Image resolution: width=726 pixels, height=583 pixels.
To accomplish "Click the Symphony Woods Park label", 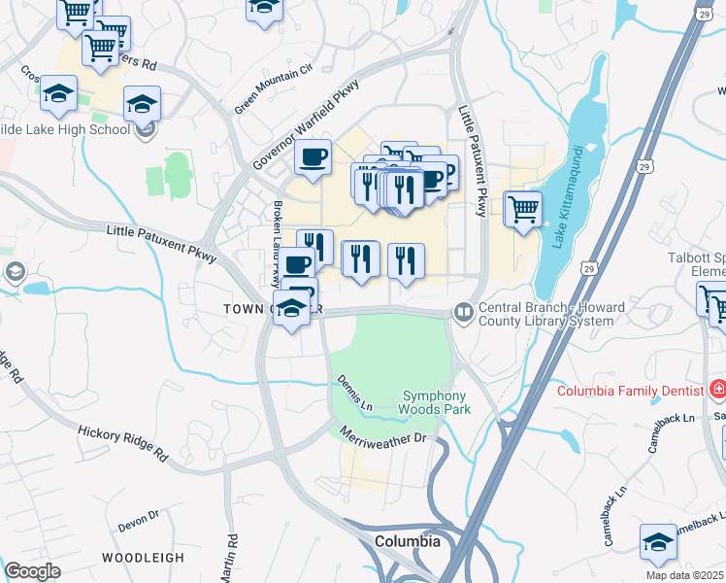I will pyautogui.click(x=436, y=403).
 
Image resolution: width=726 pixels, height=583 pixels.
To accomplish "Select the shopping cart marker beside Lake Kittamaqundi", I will pyautogui.click(x=523, y=209).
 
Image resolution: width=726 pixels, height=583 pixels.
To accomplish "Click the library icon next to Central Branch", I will pyautogui.click(x=462, y=312).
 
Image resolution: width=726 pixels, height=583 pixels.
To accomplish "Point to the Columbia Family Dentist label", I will pyautogui.click(x=629, y=391).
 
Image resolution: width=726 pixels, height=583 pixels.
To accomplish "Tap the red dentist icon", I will pyautogui.click(x=717, y=391).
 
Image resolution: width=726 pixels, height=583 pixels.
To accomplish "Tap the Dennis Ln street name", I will pyautogui.click(x=354, y=392).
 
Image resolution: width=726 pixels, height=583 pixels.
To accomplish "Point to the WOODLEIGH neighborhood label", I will pyautogui.click(x=143, y=558).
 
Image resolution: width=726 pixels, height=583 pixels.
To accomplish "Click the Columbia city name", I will pyautogui.click(x=408, y=541).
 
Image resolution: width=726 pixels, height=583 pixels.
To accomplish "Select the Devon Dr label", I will pyautogui.click(x=138, y=523).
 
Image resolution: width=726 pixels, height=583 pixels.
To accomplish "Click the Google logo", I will pyautogui.click(x=33, y=571).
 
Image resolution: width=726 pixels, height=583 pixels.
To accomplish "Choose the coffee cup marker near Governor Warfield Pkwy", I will pyautogui.click(x=313, y=157).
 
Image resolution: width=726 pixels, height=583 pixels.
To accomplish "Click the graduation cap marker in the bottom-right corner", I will pyautogui.click(x=658, y=542).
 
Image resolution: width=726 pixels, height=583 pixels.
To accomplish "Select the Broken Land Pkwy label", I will pyautogui.click(x=278, y=231).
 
